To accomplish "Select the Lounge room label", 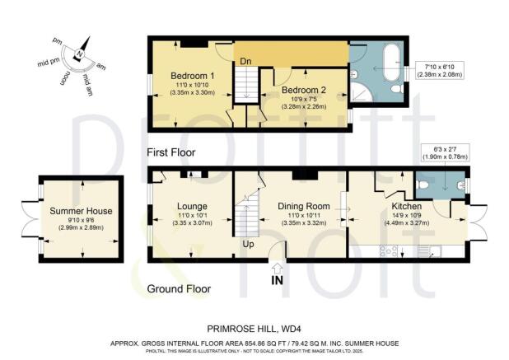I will click(x=192, y=205).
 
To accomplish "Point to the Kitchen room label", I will click(x=407, y=205).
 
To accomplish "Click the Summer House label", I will click(x=79, y=211).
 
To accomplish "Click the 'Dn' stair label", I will click(x=245, y=60).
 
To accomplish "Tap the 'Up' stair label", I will click(x=247, y=244).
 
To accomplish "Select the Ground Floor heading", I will click(x=178, y=289).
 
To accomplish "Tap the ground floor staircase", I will click(x=245, y=220).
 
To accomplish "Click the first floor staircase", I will click(x=245, y=85).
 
